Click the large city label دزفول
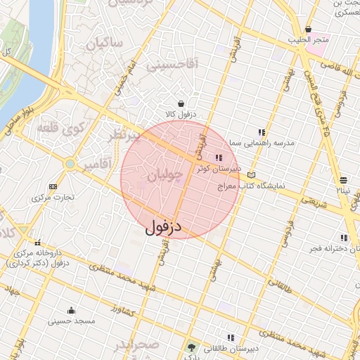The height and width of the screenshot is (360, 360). click(x=163, y=227)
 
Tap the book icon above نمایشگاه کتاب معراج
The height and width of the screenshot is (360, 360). click(x=252, y=174)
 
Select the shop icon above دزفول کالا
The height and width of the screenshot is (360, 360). click(x=181, y=103)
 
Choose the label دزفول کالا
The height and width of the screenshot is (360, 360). click(x=181, y=114)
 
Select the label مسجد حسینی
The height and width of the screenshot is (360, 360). click(x=70, y=321)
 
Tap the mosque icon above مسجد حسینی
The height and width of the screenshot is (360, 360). click(x=70, y=310)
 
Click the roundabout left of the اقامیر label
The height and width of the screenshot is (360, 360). click(x=70, y=165)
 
